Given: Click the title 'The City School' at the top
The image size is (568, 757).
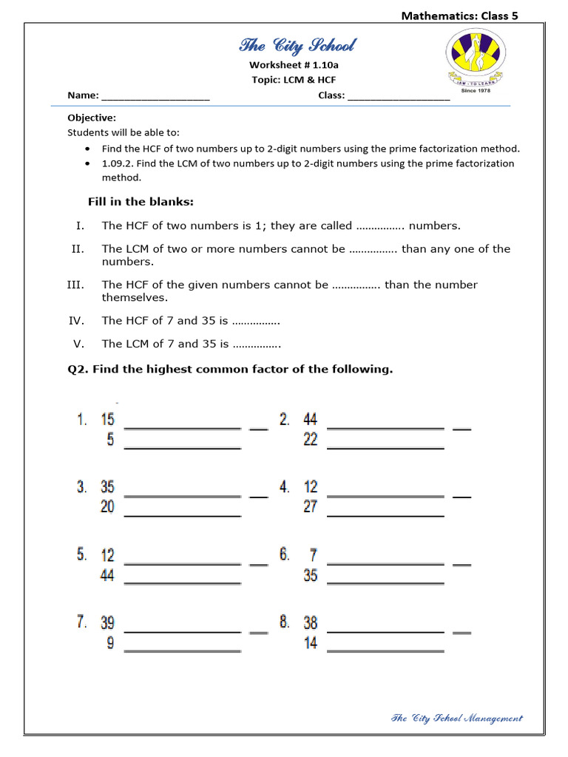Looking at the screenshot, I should click(297, 46).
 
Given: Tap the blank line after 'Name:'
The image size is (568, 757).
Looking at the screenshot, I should click(155, 96).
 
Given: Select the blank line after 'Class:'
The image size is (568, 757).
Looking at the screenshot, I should click(398, 96).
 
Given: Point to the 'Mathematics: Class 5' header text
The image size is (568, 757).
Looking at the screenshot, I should click(459, 16).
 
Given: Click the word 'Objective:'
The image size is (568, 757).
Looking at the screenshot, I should click(92, 118).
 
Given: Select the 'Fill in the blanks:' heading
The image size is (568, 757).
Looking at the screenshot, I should click(141, 202).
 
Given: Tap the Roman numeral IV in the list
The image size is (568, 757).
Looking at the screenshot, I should click(77, 321).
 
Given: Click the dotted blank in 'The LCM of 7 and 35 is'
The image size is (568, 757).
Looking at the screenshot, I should click(257, 344).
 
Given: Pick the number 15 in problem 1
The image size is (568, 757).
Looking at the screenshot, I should click(108, 420).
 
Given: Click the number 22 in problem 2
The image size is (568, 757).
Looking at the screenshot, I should click(311, 440).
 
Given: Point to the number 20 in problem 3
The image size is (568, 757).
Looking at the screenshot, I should click(108, 507).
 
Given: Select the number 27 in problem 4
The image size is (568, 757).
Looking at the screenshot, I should click(311, 507).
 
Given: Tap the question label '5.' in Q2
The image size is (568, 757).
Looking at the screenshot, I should click(82, 555).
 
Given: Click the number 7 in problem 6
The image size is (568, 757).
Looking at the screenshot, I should click(313, 555).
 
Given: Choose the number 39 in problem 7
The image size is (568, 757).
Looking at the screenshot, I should click(108, 623).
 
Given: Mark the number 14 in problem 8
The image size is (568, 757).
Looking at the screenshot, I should click(311, 643).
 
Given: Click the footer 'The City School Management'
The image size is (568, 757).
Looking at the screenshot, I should click(456, 718).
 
